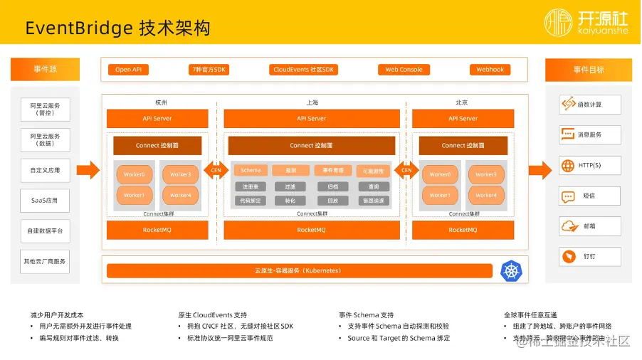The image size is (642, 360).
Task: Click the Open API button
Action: tap(128, 70)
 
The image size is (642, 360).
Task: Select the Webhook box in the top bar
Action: tap(490, 70)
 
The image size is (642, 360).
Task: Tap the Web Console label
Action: tap(404, 70)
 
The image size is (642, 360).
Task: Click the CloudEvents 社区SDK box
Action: tap(303, 70)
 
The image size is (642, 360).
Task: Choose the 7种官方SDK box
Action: tap(209, 70)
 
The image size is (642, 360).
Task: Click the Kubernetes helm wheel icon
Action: tap(512, 271)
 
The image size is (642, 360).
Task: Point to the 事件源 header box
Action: tap(45, 70)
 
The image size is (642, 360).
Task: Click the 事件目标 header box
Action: tap(589, 70)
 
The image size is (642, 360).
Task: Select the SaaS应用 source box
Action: tap(45, 201)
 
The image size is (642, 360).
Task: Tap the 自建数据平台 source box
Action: tap(45, 231)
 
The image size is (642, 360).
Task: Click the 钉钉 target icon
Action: tap(569, 256)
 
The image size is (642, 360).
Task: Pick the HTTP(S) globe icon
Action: tap(568, 166)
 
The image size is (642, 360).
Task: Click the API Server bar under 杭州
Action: tap(157, 118)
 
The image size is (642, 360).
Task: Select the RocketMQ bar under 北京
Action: tap(463, 230)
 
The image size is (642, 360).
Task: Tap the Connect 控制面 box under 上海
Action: tap(311, 145)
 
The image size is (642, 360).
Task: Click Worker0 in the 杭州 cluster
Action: tap(134, 174)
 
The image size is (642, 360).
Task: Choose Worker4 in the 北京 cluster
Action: tap(486, 195)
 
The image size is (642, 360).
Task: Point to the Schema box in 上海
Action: tap(251, 171)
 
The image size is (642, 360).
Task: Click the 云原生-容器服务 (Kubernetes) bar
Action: tap(299, 271)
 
